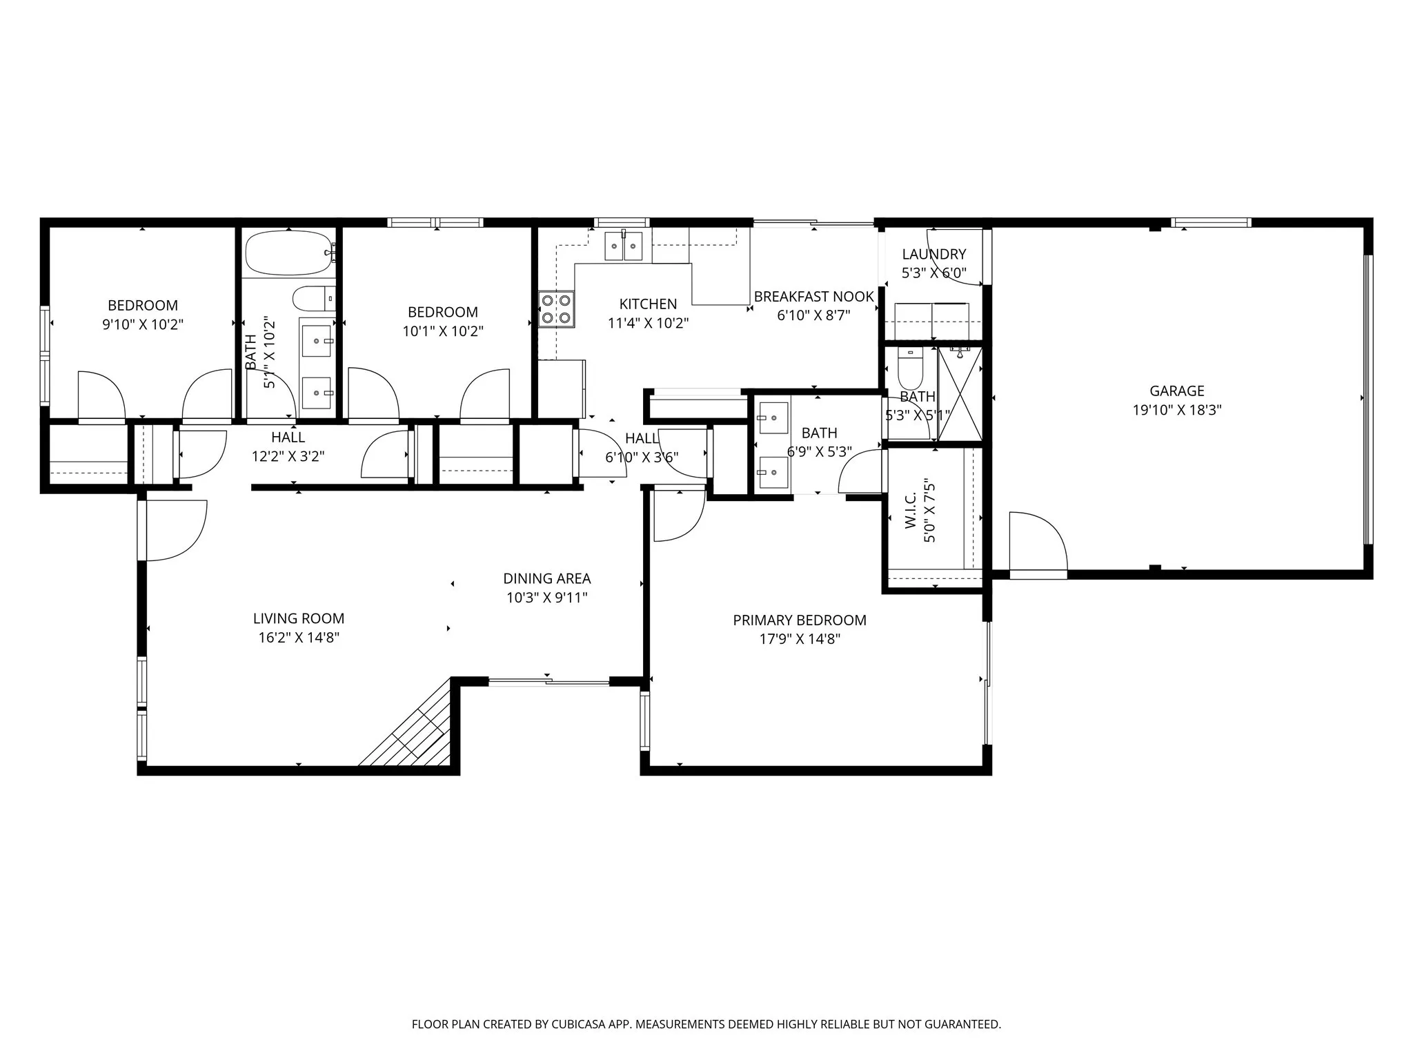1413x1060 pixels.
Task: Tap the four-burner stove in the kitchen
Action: (556, 309)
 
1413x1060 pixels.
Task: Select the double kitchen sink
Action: (624, 246)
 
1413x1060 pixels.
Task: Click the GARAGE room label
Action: (1176, 391)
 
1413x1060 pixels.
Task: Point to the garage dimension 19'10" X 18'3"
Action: (1176, 410)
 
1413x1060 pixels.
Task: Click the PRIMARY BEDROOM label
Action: (799, 620)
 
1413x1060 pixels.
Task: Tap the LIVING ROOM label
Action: (298, 618)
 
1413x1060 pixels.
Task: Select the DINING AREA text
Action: (546, 578)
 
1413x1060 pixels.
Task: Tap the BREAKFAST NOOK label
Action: (813, 297)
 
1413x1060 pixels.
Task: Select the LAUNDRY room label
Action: (933, 254)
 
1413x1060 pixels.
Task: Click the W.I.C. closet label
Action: (910, 511)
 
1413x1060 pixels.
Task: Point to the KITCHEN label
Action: (647, 304)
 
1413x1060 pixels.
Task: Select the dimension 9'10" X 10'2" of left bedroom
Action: (143, 324)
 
